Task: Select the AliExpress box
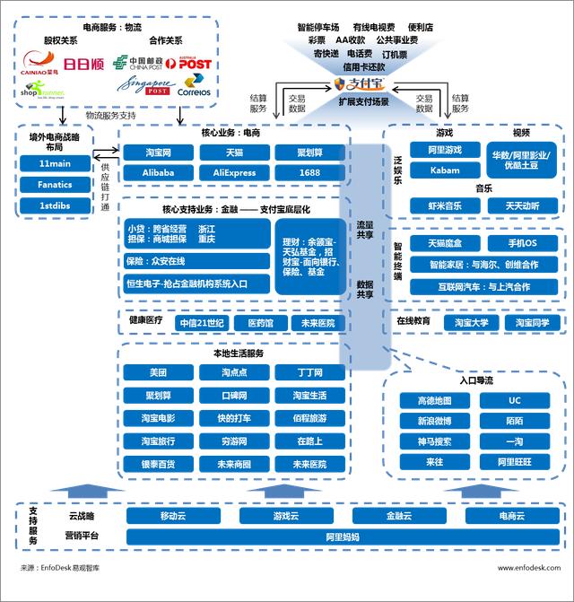[x=233, y=172]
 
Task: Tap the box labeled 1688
[x=309, y=172]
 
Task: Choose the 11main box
[x=55, y=163]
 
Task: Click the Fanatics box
[x=55, y=185]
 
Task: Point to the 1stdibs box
[x=55, y=205]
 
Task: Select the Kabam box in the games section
[x=445, y=170]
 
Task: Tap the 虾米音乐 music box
[x=445, y=205]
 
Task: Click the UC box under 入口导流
[x=514, y=400]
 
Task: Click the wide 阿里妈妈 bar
[x=342, y=537]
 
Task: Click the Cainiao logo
[x=41, y=64]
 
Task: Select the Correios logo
[x=195, y=89]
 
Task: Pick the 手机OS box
[x=522, y=243]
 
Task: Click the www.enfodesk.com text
[x=528, y=567]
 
